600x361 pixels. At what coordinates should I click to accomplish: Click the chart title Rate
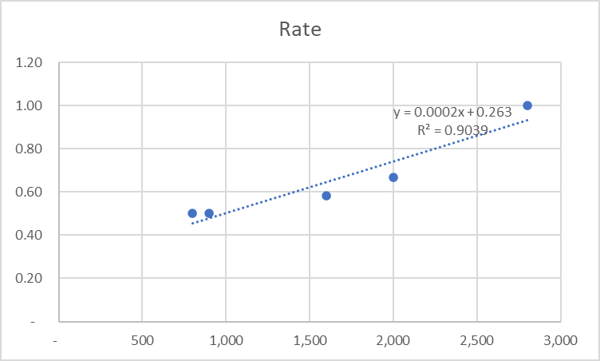click(299, 30)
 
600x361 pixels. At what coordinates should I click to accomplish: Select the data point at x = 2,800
click(527, 105)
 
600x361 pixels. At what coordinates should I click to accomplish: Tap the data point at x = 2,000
click(393, 177)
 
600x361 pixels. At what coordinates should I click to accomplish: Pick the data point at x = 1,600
click(326, 196)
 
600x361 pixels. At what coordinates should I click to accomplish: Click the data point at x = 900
click(209, 213)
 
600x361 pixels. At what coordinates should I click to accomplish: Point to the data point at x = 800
click(192, 213)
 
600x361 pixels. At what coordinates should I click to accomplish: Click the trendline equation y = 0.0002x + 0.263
click(452, 113)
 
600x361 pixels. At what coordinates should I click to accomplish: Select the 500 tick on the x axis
click(142, 340)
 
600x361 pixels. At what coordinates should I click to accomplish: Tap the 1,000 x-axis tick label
click(225, 340)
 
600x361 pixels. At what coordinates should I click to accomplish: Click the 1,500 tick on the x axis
click(309, 340)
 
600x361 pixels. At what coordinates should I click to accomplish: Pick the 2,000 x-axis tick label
click(393, 340)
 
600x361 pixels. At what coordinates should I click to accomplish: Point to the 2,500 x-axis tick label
click(476, 340)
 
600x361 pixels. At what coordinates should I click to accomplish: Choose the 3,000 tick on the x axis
click(559, 340)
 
